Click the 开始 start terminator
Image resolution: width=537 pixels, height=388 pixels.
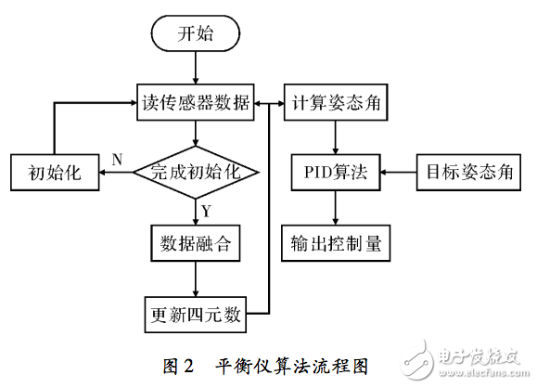point(195,34)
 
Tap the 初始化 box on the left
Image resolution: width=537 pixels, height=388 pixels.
point(54,174)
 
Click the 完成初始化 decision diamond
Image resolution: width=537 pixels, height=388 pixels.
point(195,173)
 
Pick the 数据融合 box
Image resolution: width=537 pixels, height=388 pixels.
point(195,244)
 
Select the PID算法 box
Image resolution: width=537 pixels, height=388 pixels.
point(335,174)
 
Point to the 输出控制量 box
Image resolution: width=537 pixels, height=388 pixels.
point(335,244)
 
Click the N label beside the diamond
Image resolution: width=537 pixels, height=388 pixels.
point(117,160)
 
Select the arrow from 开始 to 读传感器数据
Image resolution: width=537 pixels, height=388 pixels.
point(195,68)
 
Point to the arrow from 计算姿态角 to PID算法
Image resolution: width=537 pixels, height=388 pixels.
point(335,137)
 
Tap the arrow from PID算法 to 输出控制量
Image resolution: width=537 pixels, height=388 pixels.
point(335,209)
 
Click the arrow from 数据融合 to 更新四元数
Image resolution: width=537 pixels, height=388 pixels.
point(195,278)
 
